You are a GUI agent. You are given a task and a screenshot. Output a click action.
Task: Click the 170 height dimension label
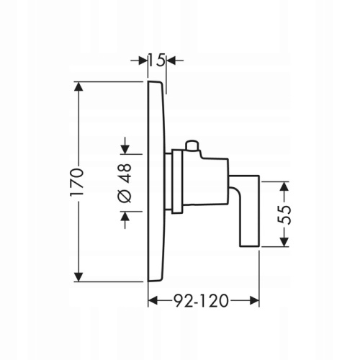77,182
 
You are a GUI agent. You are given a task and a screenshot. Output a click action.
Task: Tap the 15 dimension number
157,60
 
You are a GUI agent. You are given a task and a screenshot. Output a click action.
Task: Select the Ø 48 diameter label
125,184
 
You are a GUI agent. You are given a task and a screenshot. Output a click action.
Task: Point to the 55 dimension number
284,215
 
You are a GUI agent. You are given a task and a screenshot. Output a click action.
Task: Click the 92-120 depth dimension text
201,301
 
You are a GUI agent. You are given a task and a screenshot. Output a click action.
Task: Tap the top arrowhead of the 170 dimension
78,86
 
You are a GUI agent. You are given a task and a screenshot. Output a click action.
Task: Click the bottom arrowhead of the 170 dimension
78,277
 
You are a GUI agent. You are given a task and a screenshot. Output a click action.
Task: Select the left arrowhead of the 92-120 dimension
153,301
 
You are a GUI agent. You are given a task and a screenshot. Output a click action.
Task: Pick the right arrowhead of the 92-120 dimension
254,301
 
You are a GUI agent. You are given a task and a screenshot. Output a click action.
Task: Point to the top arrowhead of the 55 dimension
284,186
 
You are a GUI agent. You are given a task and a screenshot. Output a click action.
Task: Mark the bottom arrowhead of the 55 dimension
284,242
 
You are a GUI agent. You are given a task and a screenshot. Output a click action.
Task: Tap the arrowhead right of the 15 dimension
171,60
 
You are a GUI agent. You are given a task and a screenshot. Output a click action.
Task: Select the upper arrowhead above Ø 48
125,150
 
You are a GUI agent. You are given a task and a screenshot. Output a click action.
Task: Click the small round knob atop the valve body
192,146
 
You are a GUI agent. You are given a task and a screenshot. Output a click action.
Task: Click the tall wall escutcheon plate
156,181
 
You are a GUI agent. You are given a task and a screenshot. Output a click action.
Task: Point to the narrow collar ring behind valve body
177,181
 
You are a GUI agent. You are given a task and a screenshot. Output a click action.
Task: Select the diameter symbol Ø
125,196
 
